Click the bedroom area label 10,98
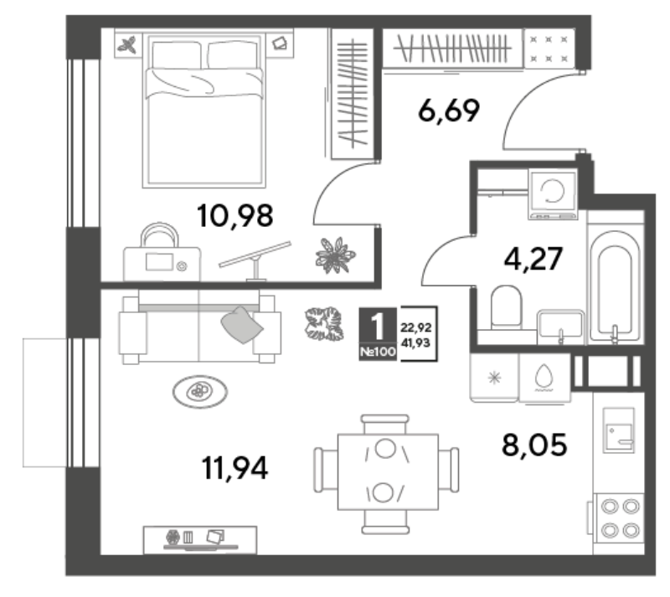click(235, 216)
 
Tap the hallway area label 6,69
click(449, 111)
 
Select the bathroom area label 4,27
click(533, 259)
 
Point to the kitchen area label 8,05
click(534, 445)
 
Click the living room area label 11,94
click(234, 468)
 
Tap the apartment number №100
click(378, 353)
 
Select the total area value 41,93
click(416, 342)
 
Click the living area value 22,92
click(415, 327)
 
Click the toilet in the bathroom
click(507, 307)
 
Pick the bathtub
click(615, 286)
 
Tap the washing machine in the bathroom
click(553, 193)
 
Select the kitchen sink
click(618, 430)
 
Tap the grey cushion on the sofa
click(242, 325)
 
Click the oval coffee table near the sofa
click(199, 391)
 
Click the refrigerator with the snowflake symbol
click(494, 378)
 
